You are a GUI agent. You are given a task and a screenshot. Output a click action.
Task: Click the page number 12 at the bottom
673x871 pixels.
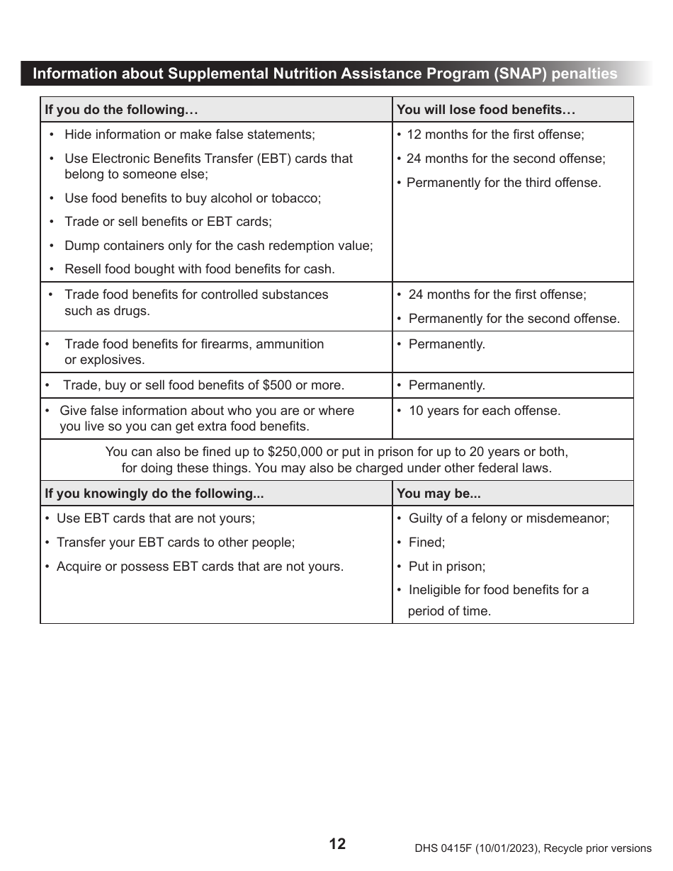click(337, 843)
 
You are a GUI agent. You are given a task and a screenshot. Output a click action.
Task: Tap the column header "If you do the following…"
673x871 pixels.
click(121, 110)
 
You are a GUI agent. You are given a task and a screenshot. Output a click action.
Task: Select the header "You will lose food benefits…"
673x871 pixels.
click(486, 110)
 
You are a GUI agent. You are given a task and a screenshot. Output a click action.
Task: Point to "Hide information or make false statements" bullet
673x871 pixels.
click(189, 135)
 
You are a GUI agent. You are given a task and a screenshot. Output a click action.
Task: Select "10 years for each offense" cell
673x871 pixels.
click(484, 411)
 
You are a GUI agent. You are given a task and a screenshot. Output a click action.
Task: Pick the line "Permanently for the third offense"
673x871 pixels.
click(503, 183)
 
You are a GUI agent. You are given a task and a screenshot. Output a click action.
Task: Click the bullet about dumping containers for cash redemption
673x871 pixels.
click(218, 246)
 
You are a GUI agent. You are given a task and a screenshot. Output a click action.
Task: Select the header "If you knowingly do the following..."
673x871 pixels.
click(149, 494)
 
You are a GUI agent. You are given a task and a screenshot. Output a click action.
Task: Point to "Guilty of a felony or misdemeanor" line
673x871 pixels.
click(508, 518)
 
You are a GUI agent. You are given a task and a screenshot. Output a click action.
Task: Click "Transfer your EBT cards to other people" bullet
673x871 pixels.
click(175, 542)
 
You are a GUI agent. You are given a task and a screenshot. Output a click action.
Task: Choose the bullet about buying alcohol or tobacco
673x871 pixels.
click(192, 198)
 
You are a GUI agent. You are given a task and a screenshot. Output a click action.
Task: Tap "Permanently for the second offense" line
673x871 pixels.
click(514, 319)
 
